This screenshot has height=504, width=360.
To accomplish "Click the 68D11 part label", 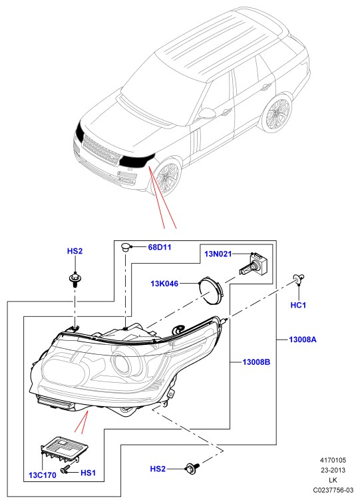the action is [x=160, y=247].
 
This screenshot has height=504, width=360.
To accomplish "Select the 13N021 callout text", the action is [x=218, y=254].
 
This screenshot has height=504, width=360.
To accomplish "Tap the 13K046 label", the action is [x=164, y=284].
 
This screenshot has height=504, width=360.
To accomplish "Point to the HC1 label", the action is [x=298, y=305].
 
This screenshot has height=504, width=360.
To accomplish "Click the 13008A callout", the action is [x=303, y=339].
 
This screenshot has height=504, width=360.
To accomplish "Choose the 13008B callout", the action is [x=256, y=362].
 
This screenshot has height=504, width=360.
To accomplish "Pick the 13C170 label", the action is [x=43, y=475].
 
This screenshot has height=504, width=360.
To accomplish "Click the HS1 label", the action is [x=88, y=473].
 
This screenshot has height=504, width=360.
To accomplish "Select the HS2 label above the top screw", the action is [x=75, y=251].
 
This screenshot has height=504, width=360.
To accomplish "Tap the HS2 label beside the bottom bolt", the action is [x=158, y=469].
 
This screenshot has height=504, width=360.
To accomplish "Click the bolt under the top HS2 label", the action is [x=75, y=280].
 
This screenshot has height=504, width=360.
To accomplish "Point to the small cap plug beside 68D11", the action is [x=125, y=248].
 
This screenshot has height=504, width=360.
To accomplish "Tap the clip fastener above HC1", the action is [x=298, y=280].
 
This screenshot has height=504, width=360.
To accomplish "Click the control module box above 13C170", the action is [x=65, y=448].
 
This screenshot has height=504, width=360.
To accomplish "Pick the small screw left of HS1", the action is [x=65, y=469].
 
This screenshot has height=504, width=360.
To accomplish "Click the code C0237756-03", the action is [x=333, y=490].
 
